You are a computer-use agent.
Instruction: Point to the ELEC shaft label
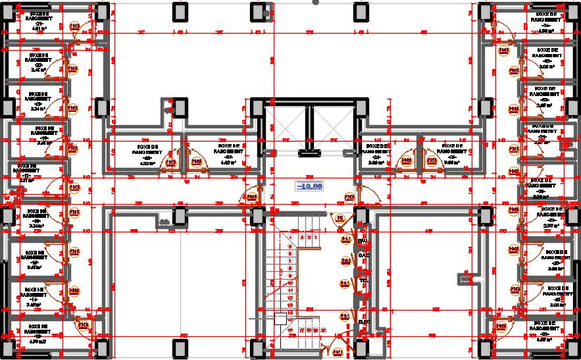click(x=364, y=322)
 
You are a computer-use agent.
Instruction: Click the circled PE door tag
click(x=340, y=218)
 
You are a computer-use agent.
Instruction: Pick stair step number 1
click(x=316, y=236)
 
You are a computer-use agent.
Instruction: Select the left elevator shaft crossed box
click(x=287, y=127)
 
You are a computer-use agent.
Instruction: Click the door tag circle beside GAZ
click(x=345, y=261)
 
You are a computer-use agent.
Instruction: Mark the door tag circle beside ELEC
click(x=343, y=317)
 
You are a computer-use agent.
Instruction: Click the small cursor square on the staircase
click(x=280, y=319)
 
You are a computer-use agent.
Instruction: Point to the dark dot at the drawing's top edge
click(x=316, y=3)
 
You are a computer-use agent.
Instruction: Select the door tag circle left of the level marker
click(x=251, y=197)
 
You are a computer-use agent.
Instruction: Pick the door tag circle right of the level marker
click(x=349, y=197)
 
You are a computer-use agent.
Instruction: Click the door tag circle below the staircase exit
click(x=338, y=352)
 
